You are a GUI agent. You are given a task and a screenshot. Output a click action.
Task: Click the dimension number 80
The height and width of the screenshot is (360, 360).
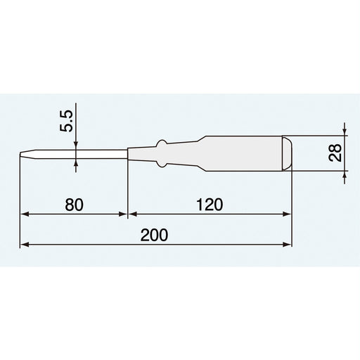coord(74,205)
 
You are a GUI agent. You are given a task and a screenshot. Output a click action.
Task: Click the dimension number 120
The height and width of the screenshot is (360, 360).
coord(210,205)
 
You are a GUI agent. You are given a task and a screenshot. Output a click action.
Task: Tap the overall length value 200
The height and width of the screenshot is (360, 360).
coord(154,235)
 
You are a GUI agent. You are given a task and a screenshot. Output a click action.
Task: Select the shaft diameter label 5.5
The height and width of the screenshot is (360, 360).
coord(66,121)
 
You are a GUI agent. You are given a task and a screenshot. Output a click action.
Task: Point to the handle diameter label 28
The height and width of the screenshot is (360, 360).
coord(335,153)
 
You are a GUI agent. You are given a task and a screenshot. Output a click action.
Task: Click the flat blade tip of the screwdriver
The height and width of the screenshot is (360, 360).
coord(20,154)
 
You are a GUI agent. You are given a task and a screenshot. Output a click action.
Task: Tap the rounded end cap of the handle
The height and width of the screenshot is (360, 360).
coord(287,153)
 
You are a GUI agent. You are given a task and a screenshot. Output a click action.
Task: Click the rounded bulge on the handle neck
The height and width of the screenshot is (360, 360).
coord(162,153)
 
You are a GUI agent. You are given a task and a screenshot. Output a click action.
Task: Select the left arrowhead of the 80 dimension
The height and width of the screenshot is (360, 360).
coord(25,214)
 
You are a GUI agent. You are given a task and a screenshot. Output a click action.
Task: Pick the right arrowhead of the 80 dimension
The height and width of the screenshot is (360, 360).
coord(123,214)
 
